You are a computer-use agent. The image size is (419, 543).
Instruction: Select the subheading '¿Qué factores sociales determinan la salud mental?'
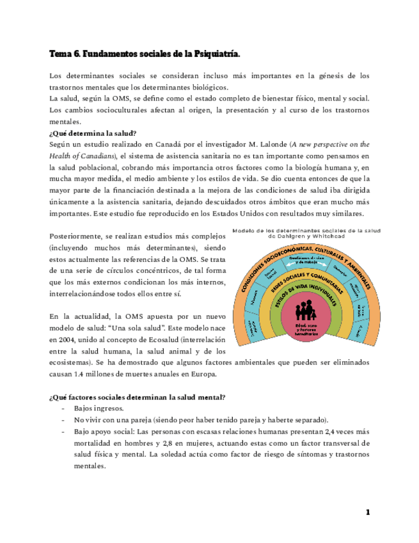pyautogui.click(x=137, y=397)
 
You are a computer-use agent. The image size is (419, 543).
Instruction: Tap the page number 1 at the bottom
pyautogui.click(x=368, y=512)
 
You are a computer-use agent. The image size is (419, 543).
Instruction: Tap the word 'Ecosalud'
pyautogui.click(x=154, y=339)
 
